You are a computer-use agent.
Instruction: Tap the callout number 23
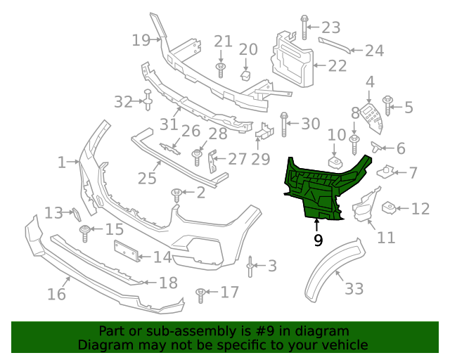point(330,27)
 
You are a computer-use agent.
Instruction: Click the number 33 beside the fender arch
point(354,288)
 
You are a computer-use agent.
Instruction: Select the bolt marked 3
point(250,266)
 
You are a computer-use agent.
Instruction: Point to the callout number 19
point(141,40)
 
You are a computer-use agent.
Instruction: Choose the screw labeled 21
point(221,68)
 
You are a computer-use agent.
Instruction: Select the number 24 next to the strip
point(374,51)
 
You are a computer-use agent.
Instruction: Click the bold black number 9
point(318,241)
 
